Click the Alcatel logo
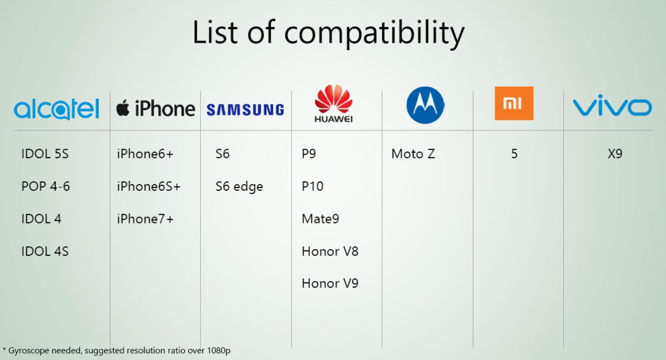[x=57, y=109]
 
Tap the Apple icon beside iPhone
[x=123, y=108]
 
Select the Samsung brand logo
[x=245, y=110]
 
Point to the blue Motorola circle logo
[x=425, y=105]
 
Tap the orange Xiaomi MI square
[x=514, y=103]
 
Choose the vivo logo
[x=613, y=105]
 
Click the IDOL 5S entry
[x=45, y=154]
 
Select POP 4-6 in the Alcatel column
[x=46, y=186]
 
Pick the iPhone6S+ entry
[x=149, y=186]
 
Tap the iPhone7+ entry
[x=145, y=219]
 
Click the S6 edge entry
[x=239, y=187]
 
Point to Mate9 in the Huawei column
[x=320, y=219]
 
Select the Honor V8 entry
[x=330, y=251]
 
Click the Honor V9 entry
[x=330, y=283]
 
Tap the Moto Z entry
[x=413, y=154]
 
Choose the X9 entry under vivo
[x=615, y=154]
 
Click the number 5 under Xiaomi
[x=514, y=154]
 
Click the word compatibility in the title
[x=374, y=33]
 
